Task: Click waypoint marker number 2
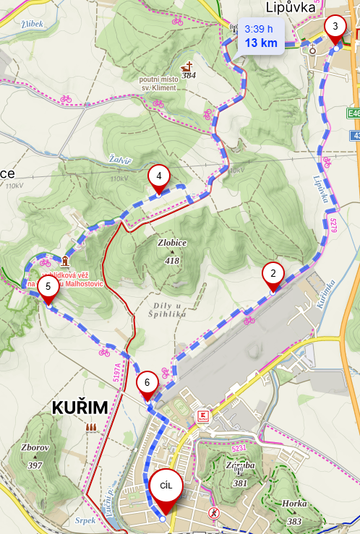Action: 273,274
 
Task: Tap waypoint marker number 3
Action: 335,27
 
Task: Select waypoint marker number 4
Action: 158,176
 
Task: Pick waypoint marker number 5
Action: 48,286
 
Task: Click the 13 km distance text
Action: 261,43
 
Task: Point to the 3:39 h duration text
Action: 259,29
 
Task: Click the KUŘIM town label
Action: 80,408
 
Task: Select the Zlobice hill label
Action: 171,243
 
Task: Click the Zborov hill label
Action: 35,447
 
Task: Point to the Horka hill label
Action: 294,504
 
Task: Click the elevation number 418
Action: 171,260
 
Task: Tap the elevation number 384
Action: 189,74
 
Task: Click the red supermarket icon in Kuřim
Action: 203,415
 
